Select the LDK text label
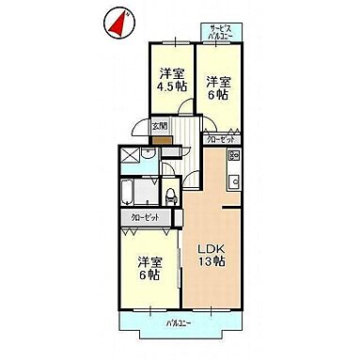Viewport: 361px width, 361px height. click(211, 249)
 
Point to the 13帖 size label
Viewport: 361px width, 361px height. click(211, 262)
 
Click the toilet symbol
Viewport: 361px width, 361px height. click(170, 196)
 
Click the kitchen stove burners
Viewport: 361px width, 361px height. click(233, 156)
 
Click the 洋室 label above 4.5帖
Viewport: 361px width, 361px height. click(171, 72)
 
